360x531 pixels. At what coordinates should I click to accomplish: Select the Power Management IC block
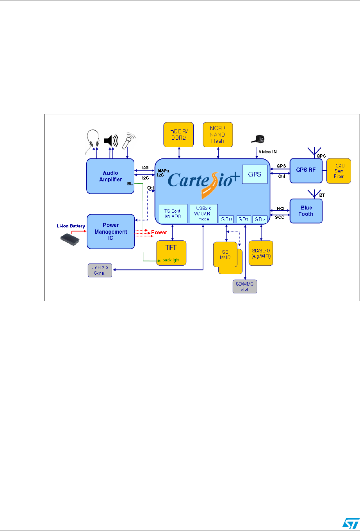pyautogui.click(x=111, y=231)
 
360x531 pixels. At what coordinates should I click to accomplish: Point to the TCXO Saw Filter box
pyautogui.click(x=339, y=171)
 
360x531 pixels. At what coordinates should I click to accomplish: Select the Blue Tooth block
pyautogui.click(x=306, y=211)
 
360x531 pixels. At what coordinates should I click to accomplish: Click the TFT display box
pyautogui.click(x=171, y=253)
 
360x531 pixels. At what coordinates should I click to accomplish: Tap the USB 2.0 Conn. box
pyautogui.click(x=100, y=270)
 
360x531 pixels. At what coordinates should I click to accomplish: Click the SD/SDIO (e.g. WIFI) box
pyautogui.click(x=261, y=253)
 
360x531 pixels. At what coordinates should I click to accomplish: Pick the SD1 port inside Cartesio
pyautogui.click(x=244, y=219)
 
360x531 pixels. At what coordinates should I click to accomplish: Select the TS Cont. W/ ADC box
pyautogui.click(x=173, y=213)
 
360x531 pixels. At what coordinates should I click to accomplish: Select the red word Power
pyautogui.click(x=159, y=232)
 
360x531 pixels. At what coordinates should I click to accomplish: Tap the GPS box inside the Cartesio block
pyautogui.click(x=254, y=174)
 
